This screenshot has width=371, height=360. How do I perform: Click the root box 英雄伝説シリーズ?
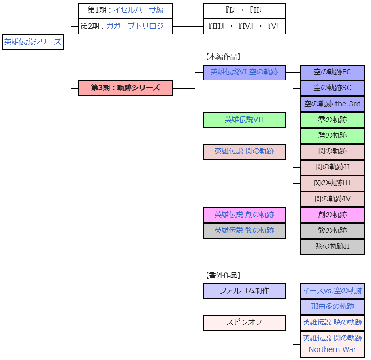(33, 42)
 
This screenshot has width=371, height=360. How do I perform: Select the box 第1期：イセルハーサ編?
(125, 11)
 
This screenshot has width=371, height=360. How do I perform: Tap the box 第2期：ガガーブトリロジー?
(125, 26)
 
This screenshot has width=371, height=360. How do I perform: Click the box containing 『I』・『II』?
(244, 11)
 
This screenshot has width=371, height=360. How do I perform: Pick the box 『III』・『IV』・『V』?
(244, 26)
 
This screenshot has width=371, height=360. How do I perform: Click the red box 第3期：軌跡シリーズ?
(125, 88)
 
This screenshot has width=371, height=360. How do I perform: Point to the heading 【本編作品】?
(223, 57)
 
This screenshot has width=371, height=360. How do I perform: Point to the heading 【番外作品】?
(223, 275)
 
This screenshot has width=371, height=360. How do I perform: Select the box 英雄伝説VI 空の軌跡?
(244, 72)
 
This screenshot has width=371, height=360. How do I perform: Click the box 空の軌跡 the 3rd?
(332, 104)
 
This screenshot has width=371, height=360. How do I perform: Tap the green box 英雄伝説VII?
(244, 120)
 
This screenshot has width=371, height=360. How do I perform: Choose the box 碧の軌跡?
(332, 136)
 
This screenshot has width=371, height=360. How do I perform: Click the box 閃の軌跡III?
(332, 183)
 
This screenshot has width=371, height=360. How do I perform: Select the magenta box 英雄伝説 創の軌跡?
(244, 215)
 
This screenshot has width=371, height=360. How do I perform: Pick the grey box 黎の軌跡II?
(332, 246)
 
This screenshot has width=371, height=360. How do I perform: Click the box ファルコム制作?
(244, 291)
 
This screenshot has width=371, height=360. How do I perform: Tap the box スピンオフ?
(244, 322)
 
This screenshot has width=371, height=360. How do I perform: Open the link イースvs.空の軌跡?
(332, 291)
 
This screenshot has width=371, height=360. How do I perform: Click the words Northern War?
(332, 349)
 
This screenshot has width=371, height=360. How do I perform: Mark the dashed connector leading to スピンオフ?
(195, 307)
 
